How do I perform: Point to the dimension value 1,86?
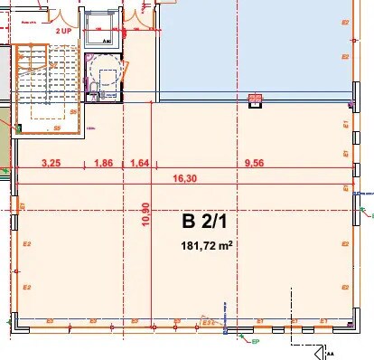tap(104, 164)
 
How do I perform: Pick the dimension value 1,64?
tap(139, 164)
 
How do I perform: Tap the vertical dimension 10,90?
tap(145, 218)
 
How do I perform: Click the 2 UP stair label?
tap(62, 31)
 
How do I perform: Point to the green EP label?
tap(255, 343)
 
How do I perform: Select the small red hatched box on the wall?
tap(255, 99)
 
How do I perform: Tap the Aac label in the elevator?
tap(106, 41)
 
